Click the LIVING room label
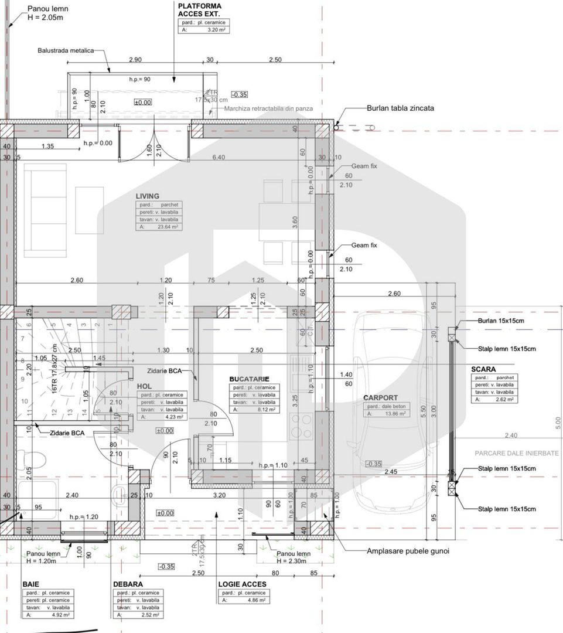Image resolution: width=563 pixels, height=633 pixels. click(148, 196)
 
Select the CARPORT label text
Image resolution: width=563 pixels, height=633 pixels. click(380, 397)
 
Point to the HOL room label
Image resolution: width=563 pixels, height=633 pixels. click(144, 386)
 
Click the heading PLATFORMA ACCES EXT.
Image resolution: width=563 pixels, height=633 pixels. click(200, 9)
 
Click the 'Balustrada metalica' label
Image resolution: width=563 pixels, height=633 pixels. click(66, 51)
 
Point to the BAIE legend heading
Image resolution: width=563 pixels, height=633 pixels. click(31, 584)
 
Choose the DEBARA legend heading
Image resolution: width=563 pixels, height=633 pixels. click(128, 584)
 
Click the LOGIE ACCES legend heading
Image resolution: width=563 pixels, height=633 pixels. click(242, 584)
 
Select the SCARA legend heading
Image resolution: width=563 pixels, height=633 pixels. click(483, 369)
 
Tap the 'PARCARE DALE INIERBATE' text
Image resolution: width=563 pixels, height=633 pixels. click(517, 453)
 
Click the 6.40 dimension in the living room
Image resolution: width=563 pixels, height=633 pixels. click(218, 157)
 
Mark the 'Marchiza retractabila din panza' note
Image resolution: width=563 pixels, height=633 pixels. click(268, 108)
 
